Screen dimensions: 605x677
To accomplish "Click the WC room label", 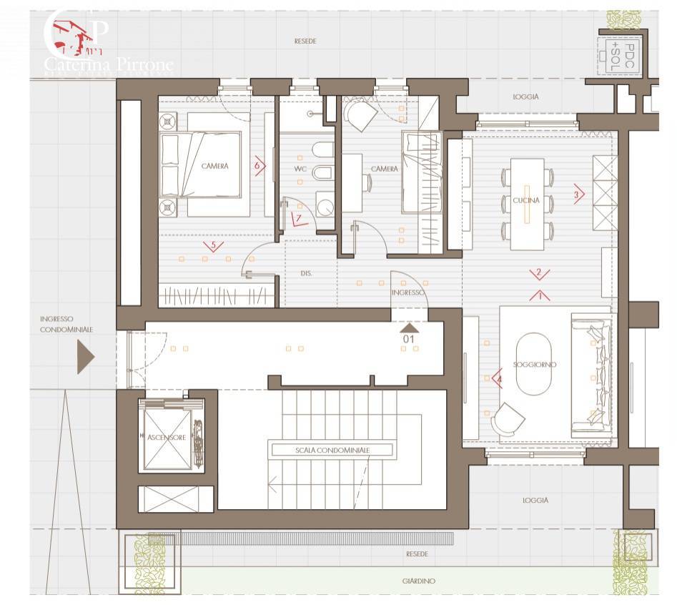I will (300, 169).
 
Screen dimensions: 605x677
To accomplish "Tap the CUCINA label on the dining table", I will (525, 200).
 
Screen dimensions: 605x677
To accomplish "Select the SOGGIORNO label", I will (535, 364).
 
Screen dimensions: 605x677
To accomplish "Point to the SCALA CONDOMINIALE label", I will (331, 451).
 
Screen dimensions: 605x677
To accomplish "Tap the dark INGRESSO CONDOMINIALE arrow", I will (86, 357).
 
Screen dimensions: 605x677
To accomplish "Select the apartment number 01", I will (410, 337).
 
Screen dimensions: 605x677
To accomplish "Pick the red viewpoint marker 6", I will (260, 165).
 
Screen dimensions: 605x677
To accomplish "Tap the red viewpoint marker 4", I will (495, 378).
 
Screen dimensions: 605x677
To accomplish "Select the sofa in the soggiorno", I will (590, 376).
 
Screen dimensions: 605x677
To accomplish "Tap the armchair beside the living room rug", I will (508, 417).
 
